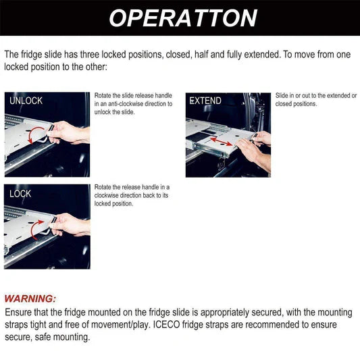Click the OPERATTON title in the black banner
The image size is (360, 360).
click(182, 18)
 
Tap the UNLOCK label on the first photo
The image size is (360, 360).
click(26, 101)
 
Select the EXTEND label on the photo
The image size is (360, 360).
click(205, 101)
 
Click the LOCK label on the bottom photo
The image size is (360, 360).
click(20, 193)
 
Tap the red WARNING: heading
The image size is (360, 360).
click(30, 299)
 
